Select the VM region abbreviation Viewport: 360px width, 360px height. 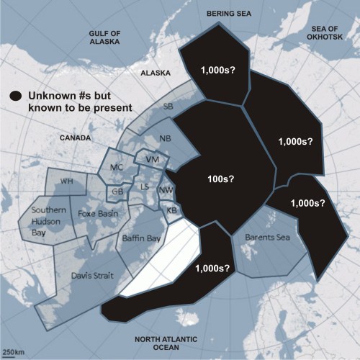151,158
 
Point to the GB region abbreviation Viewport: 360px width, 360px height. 116,192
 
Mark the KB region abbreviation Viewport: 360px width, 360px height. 171,210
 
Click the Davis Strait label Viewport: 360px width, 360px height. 91,275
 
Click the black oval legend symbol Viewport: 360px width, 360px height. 14,96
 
